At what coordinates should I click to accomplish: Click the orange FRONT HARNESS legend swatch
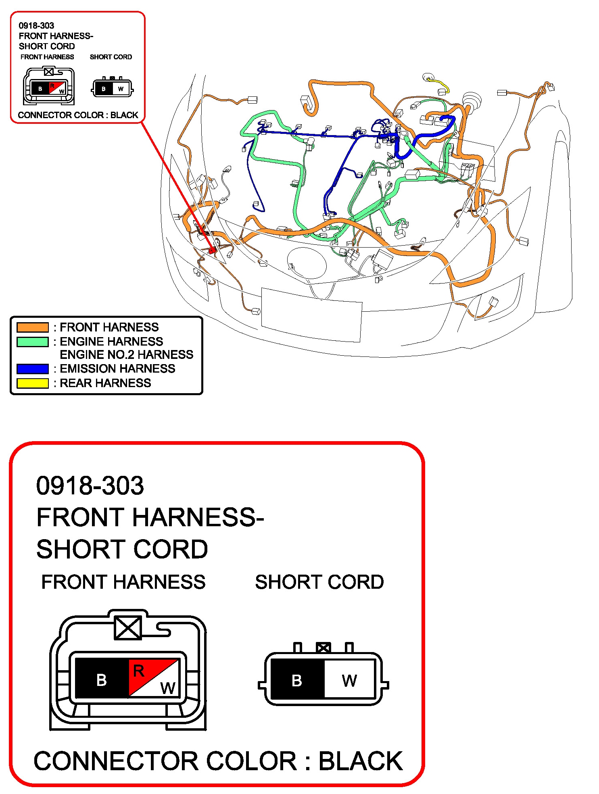pos(32,327)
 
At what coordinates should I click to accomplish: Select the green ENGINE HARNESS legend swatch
pos(32,342)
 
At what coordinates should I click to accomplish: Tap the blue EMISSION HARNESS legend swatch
pos(32,369)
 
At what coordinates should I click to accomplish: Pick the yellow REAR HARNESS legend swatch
pos(32,383)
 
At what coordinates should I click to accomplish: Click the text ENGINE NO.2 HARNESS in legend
pos(126,355)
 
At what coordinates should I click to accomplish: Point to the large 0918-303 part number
pos(90,485)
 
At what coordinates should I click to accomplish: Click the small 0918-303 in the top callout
pos(36,26)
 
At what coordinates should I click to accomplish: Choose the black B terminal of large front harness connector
pos(102,680)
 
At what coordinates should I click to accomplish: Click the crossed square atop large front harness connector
pos(128,628)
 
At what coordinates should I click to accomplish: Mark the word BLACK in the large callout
pos(361,761)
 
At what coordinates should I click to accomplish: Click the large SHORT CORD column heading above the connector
pos(319,582)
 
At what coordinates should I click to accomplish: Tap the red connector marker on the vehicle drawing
pos(212,250)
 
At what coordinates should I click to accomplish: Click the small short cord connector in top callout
pos(112,88)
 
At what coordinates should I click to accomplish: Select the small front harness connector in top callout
pos(49,86)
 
